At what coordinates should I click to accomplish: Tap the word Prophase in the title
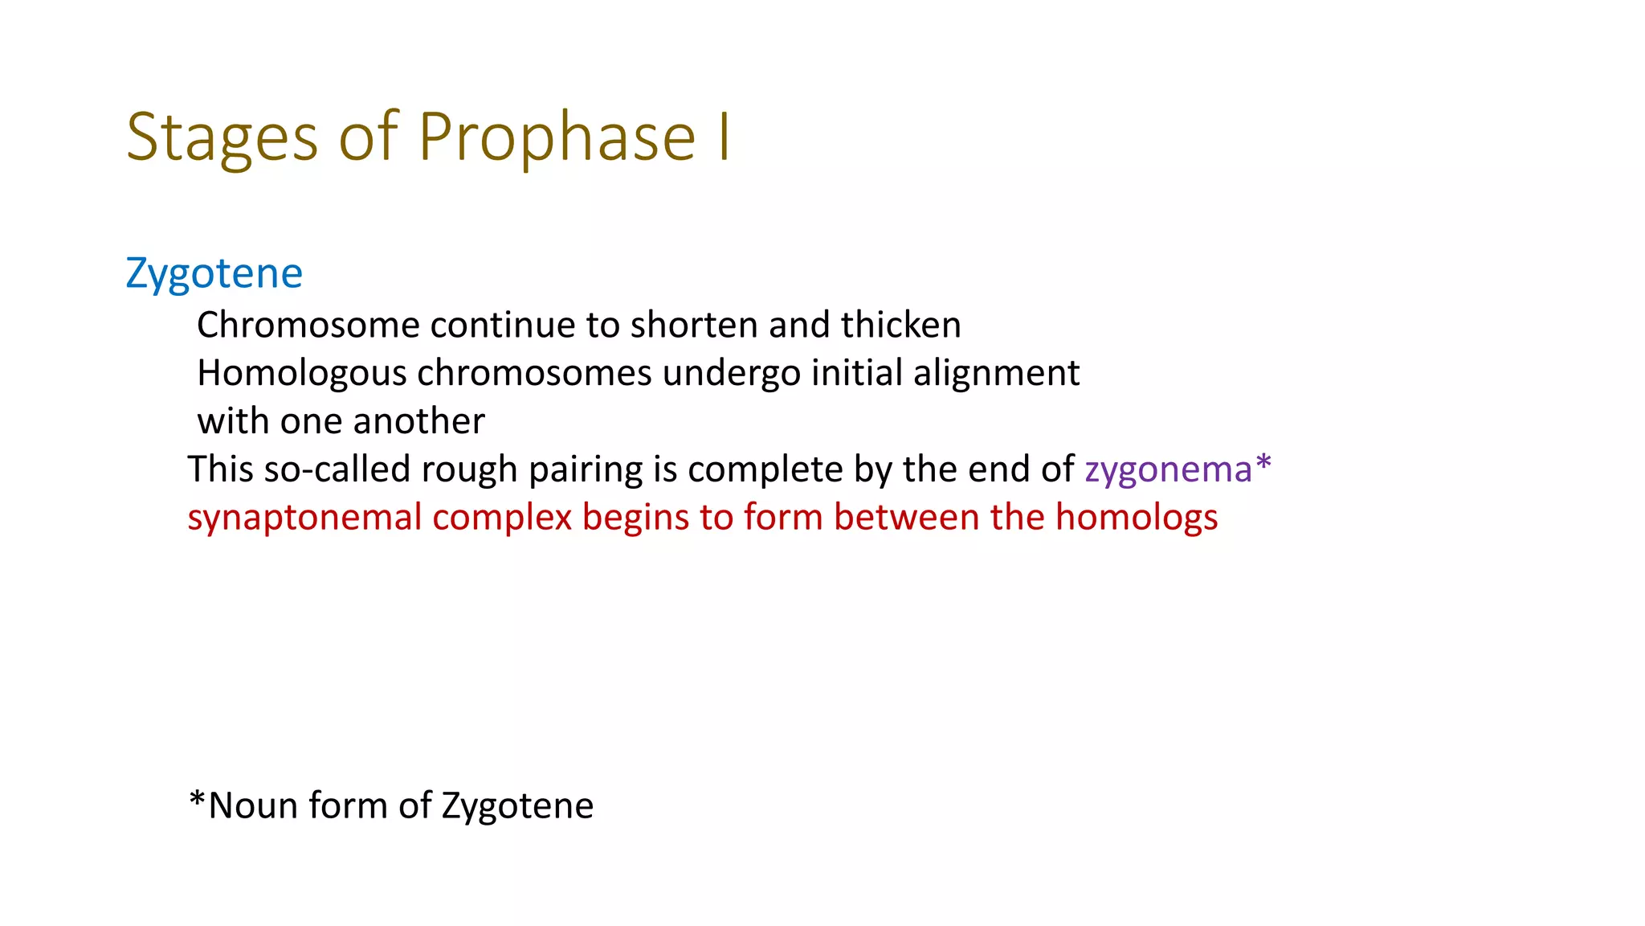557,138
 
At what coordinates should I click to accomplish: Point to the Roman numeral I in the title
725,138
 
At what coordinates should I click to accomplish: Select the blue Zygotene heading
214,274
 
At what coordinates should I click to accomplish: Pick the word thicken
900,326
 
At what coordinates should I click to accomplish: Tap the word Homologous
302,374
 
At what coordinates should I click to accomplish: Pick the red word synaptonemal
304,518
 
